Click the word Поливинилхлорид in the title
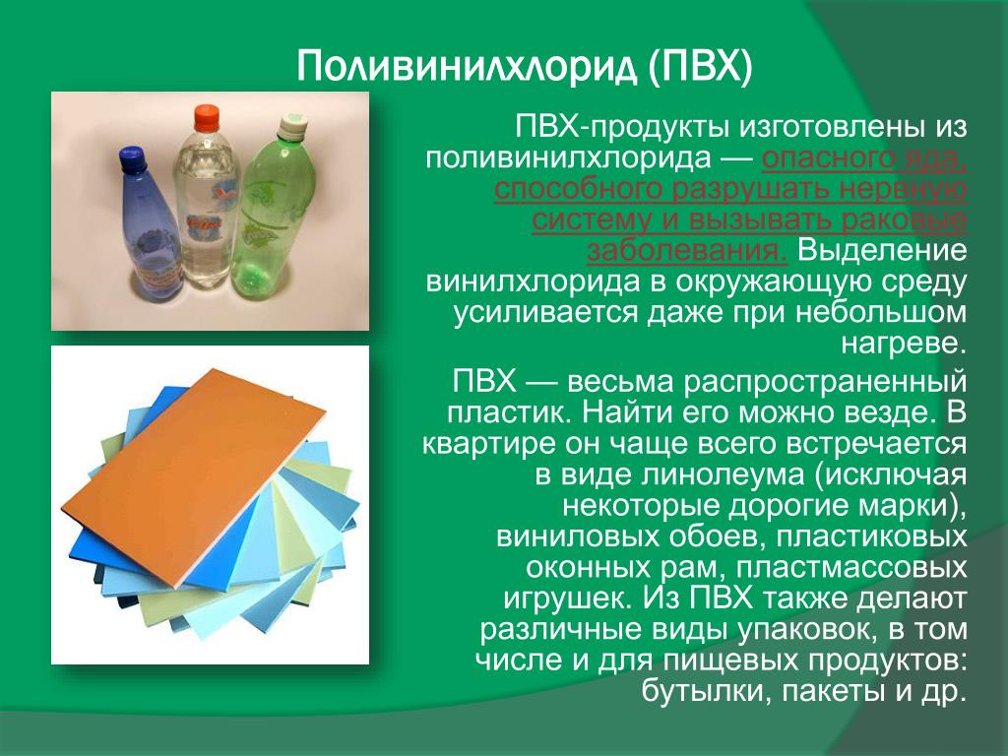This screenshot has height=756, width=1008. click(x=468, y=66)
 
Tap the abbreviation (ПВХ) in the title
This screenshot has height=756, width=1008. click(x=700, y=66)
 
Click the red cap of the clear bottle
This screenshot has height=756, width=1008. click(x=207, y=118)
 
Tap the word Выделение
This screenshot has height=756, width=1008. click(x=882, y=251)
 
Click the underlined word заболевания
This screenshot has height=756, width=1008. click(x=686, y=251)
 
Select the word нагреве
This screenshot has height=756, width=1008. click(x=904, y=344)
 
